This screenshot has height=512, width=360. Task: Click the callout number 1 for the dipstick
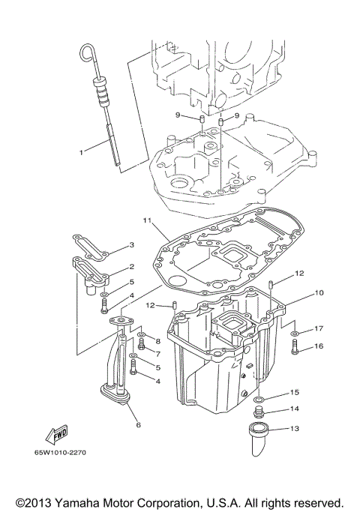coord(82,151)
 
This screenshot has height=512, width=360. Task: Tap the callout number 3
coord(130,245)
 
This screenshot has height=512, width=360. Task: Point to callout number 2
coord(130,266)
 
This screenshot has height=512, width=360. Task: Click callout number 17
coord(319,328)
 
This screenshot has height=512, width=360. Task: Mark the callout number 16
coord(319,346)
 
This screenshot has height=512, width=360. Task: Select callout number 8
coord(158,341)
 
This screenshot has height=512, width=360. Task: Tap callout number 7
coord(158,353)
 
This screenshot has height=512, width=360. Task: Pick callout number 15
coord(295,392)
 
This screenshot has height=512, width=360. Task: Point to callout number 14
coord(295,409)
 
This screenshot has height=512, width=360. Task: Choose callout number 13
coord(295,430)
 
